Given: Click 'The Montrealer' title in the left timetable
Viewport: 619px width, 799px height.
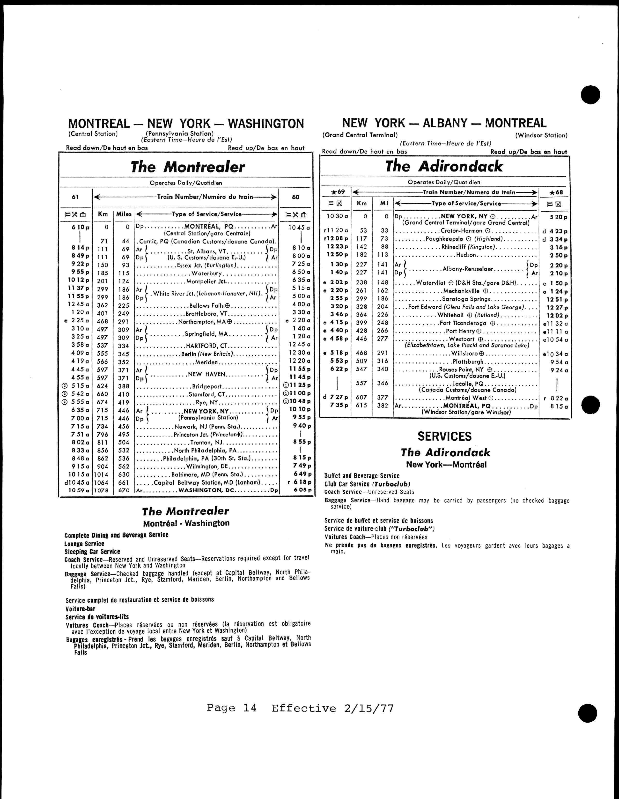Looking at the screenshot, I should (x=188, y=167).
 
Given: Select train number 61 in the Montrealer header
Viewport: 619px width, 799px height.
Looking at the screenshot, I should (x=75, y=197).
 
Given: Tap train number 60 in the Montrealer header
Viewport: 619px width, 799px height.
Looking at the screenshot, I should (x=296, y=197).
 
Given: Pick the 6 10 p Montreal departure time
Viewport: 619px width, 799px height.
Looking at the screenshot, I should (x=81, y=227).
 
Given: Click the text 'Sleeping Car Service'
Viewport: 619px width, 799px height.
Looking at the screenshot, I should (x=92, y=551).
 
